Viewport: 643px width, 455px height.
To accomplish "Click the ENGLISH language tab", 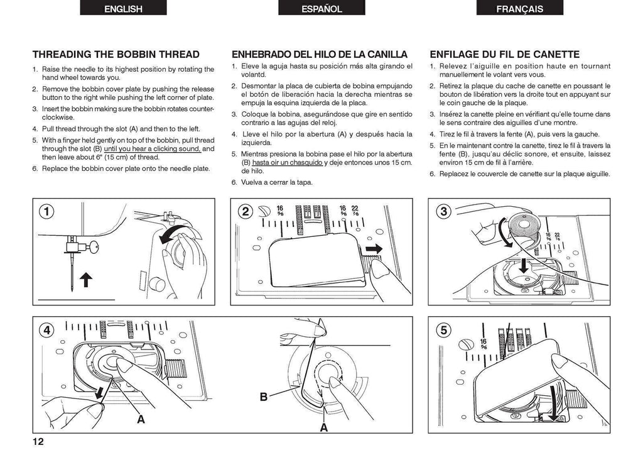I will click(x=123, y=8).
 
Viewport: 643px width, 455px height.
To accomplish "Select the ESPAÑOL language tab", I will click(x=321, y=8).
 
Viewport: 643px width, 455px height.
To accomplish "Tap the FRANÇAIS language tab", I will click(x=519, y=8).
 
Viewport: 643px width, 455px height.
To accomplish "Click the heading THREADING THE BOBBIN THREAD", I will click(x=116, y=55).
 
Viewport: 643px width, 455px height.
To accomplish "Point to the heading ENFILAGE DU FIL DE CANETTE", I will click(x=504, y=55).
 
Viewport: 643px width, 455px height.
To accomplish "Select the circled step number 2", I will click(x=245, y=212).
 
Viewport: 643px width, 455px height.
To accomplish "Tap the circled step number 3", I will click(x=444, y=212).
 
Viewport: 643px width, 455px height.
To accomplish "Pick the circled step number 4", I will click(x=46, y=329).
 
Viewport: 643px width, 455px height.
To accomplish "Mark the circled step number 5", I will click(x=444, y=329).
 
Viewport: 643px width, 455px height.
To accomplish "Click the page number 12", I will click(x=38, y=441).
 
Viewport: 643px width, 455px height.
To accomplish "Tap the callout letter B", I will click(x=264, y=397).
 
